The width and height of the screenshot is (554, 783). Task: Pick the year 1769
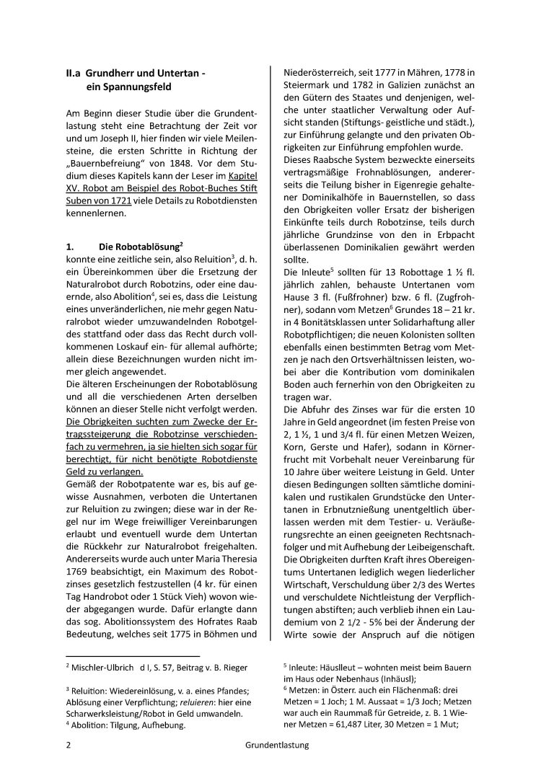[79, 554]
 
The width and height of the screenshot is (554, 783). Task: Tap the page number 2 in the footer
[67, 765]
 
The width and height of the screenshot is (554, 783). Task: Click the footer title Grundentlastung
[276, 765]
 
